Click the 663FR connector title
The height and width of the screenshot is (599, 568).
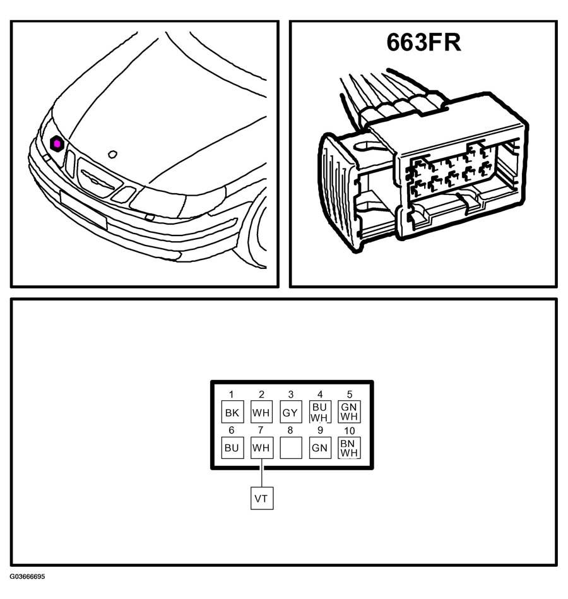click(423, 42)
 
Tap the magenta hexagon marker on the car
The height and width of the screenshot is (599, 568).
click(57, 143)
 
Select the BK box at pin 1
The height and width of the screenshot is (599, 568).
click(232, 412)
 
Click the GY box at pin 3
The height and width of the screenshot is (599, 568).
click(291, 412)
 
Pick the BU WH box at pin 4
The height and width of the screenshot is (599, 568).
click(320, 412)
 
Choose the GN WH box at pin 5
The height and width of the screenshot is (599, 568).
click(349, 412)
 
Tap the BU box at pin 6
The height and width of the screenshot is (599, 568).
click(232, 448)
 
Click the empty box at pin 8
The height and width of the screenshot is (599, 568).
click(291, 448)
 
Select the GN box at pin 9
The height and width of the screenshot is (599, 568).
click(320, 448)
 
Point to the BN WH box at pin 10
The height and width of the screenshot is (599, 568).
click(349, 448)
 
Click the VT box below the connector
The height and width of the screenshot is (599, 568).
click(262, 498)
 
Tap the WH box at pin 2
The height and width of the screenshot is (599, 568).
click(261, 412)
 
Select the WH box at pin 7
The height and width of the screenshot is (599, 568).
click(261, 448)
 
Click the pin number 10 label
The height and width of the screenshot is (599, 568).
click(349, 431)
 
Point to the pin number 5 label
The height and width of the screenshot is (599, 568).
click(349, 394)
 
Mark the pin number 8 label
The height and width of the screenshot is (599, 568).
click(290, 430)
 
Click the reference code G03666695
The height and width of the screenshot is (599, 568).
click(28, 576)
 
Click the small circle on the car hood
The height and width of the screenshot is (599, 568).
click(112, 155)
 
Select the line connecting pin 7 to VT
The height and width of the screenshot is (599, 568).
click(262, 473)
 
